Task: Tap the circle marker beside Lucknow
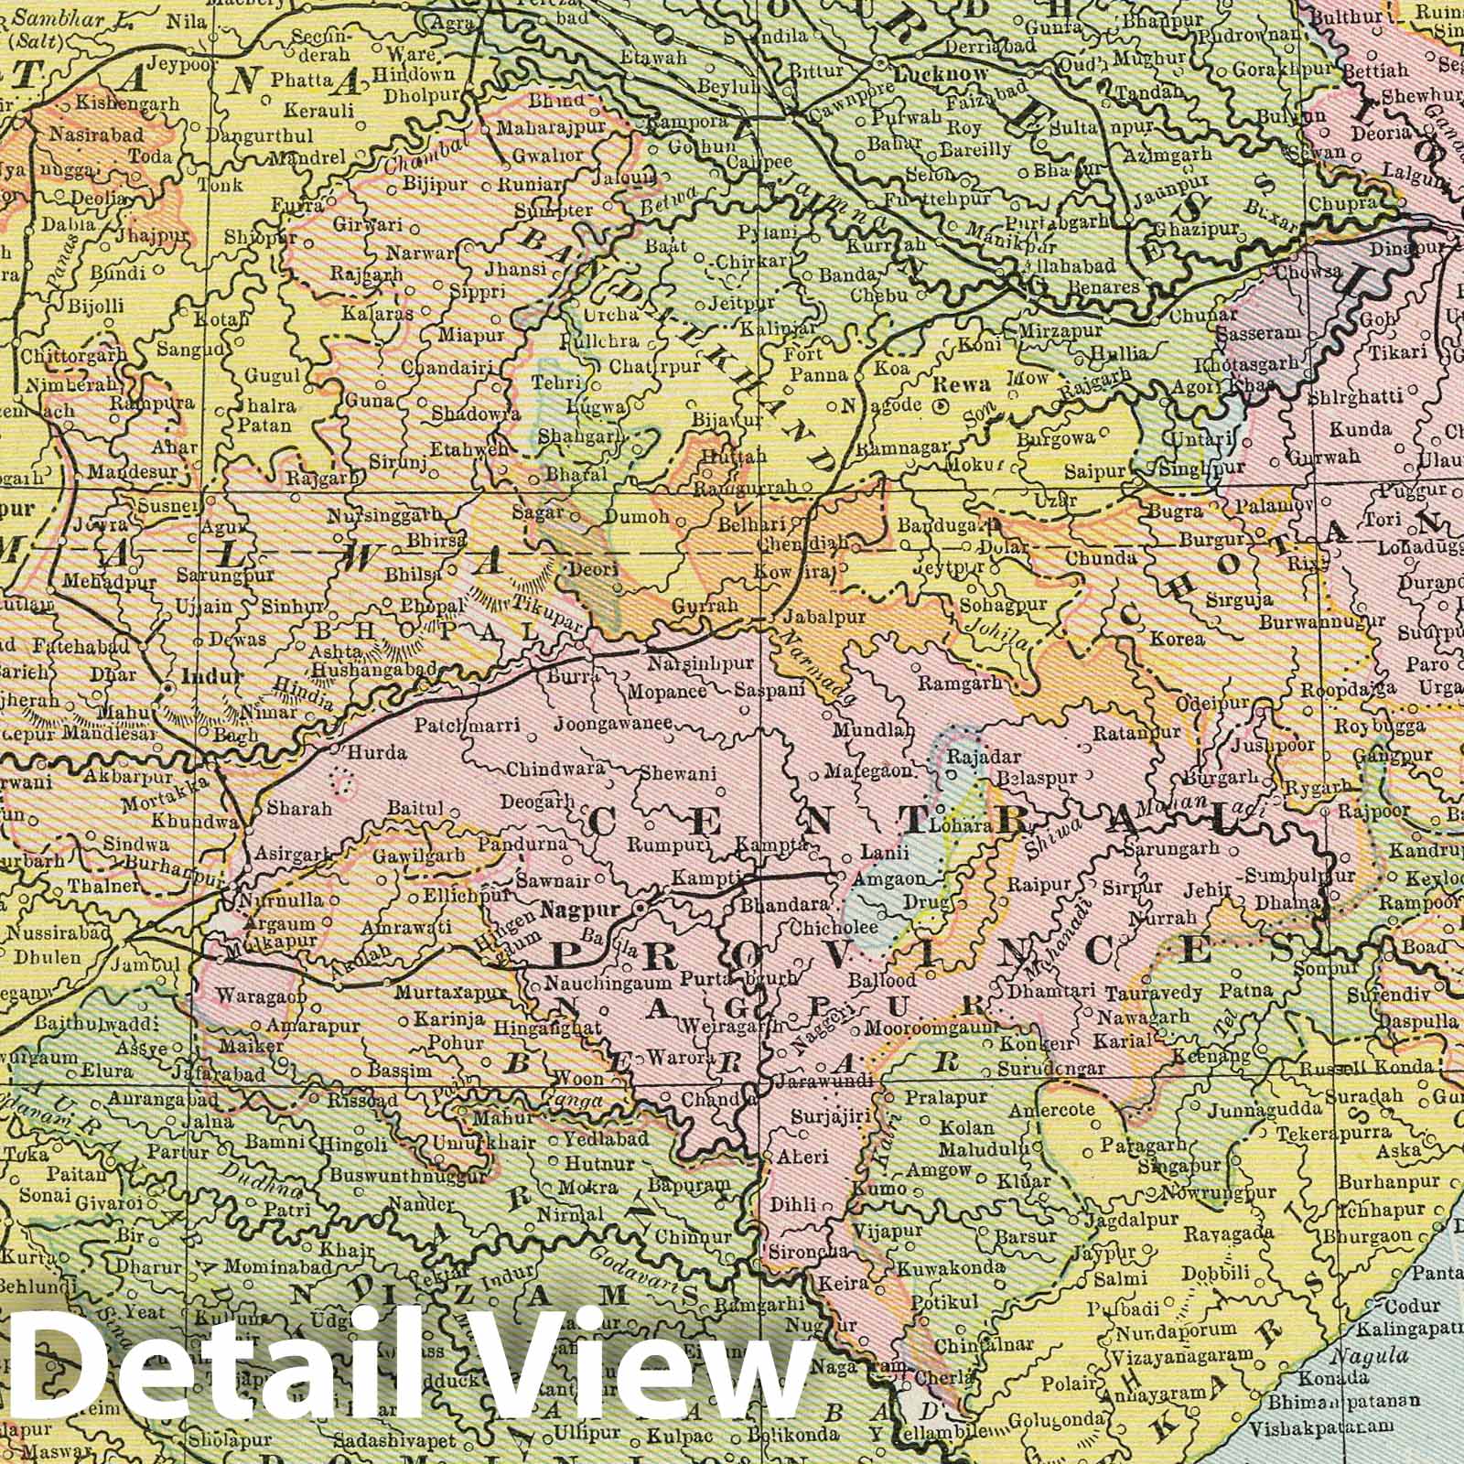click(x=879, y=63)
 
